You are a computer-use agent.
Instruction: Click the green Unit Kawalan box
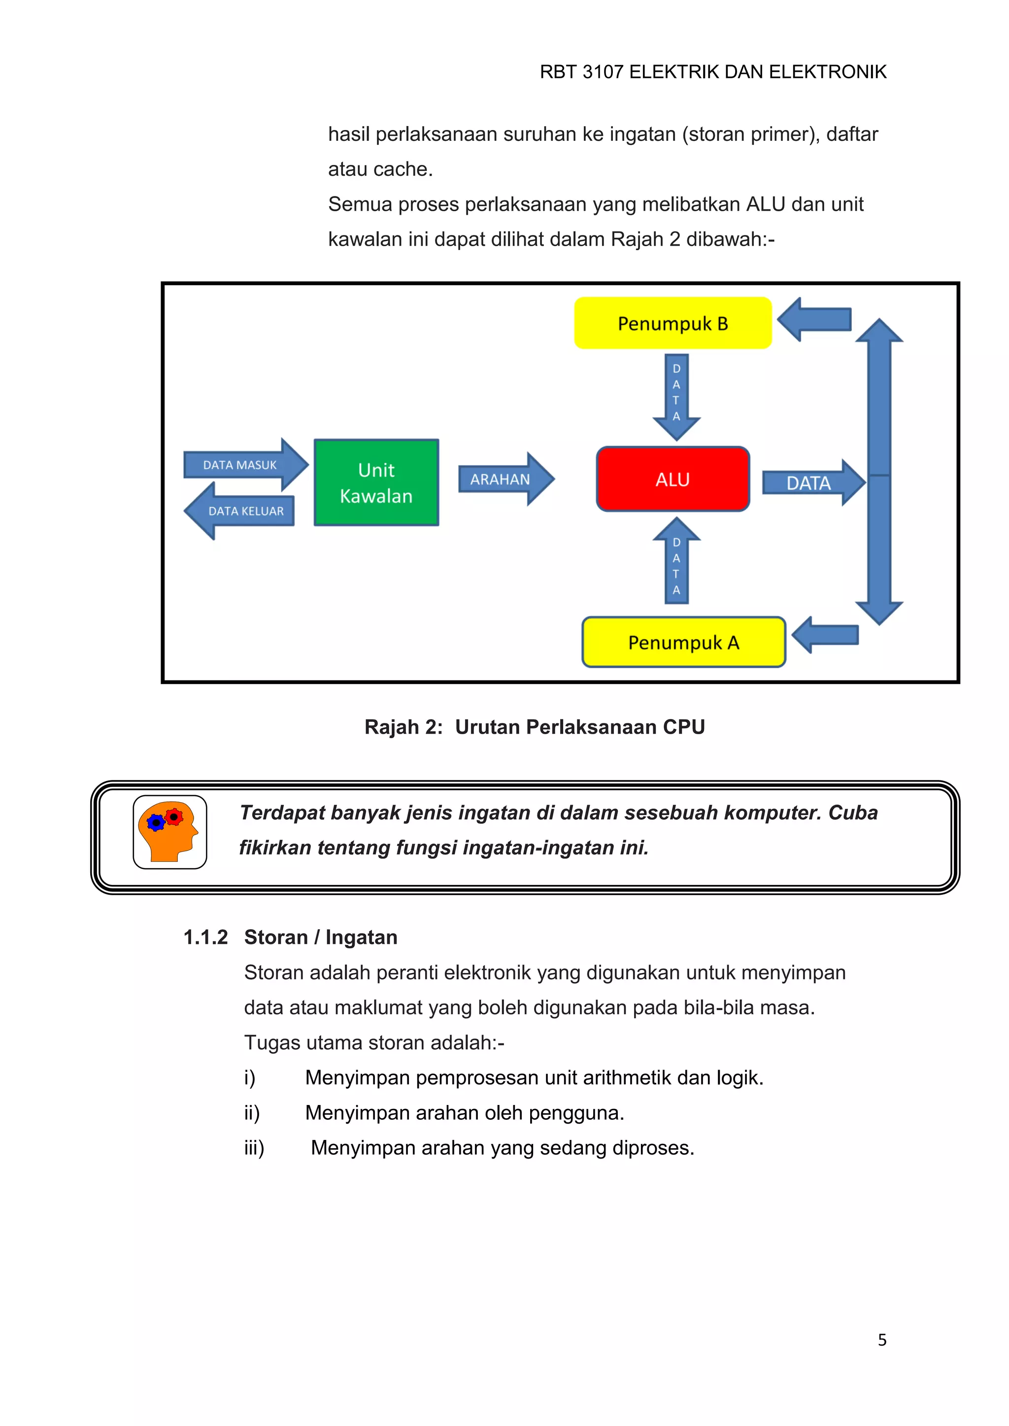pyautogui.click(x=376, y=483)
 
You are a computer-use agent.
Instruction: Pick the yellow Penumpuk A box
pyautogui.click(x=683, y=642)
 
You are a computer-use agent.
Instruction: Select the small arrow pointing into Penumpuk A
pyautogui.click(x=826, y=635)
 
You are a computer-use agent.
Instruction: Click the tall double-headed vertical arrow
pyautogui.click(x=879, y=472)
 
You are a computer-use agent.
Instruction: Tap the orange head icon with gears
pyautogui.click(x=169, y=832)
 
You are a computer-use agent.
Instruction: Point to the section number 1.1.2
pyautogui.click(x=205, y=937)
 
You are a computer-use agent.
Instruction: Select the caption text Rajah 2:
pyautogui.click(x=403, y=727)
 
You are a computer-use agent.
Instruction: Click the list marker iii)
pyautogui.click(x=254, y=1148)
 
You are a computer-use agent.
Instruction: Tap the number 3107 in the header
pyautogui.click(x=603, y=72)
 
